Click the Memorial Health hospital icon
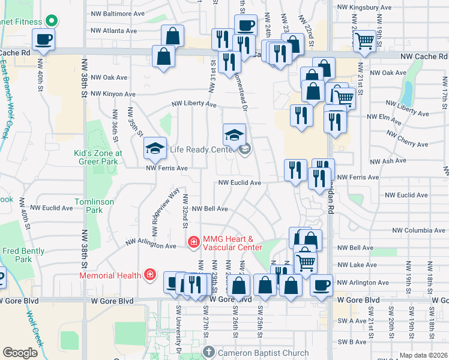point(149,275)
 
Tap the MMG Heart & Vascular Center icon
point(194,242)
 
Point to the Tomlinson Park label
point(95,206)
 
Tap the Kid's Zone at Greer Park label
point(98,157)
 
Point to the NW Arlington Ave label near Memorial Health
point(151,245)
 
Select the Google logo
point(20,353)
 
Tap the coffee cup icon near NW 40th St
point(43,41)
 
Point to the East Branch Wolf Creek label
point(10,98)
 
